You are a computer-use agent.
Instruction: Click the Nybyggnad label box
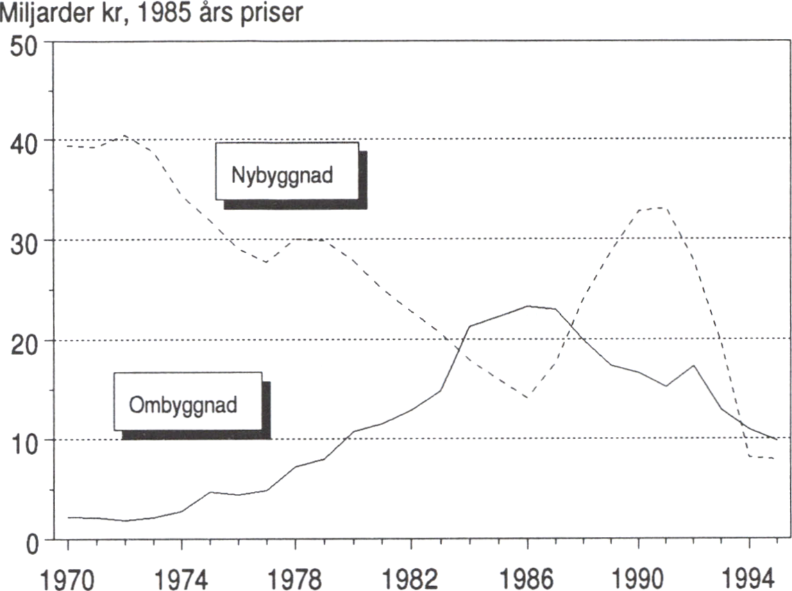coord(286,171)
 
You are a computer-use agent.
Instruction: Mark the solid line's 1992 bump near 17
coord(694,365)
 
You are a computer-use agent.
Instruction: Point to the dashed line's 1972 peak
coord(125,135)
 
